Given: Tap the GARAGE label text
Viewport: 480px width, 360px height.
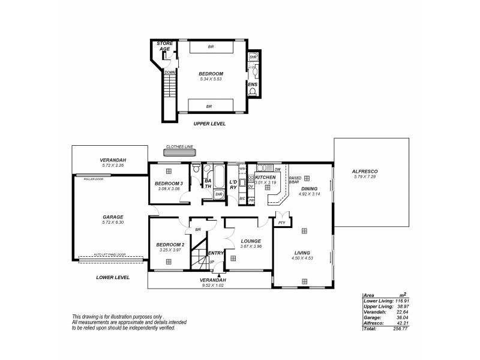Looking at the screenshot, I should coord(112,217).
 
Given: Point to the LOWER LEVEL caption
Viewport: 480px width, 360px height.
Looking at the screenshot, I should coord(113,278).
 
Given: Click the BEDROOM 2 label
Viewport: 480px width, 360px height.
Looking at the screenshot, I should coord(169,244).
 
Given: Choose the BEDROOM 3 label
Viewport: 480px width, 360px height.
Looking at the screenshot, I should coord(168,183).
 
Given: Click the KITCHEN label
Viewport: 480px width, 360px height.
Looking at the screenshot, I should coord(265,178).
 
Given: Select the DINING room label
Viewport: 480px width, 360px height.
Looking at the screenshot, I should coord(309,188).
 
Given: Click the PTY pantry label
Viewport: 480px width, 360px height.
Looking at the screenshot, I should coord(281,222).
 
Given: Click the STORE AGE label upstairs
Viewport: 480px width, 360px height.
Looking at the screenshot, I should coord(164,47).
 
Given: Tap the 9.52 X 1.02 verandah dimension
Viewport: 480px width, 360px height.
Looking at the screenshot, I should coord(213,286).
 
